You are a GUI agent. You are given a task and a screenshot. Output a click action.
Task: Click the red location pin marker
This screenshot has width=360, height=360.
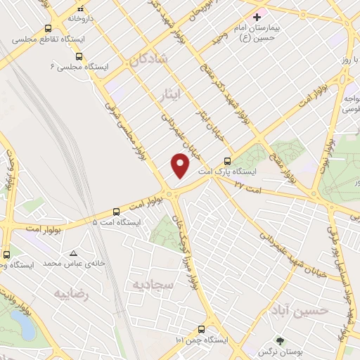click(181, 165)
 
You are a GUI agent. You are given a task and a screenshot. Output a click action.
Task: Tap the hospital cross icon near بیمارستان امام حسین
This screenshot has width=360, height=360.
click(257, 16)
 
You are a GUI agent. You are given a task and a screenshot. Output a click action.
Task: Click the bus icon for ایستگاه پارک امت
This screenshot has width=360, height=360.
click(226, 160)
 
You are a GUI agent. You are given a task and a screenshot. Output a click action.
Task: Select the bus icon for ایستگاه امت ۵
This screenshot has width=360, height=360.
click(117, 211)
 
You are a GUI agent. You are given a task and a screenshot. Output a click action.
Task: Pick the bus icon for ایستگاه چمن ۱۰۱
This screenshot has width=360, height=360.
click(202, 329)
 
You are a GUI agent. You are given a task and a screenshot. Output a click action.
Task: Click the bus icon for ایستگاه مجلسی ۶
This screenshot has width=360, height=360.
click(78, 56)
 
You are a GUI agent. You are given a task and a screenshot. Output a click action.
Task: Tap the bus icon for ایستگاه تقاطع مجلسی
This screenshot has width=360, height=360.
click(48, 29)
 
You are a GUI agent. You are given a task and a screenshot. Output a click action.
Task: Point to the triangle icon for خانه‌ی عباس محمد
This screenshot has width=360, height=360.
click(74, 252)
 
